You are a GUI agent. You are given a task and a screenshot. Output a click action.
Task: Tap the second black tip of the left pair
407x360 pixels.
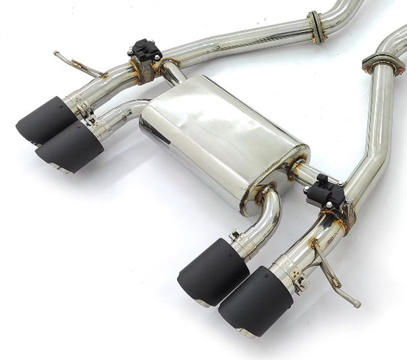click(69, 147)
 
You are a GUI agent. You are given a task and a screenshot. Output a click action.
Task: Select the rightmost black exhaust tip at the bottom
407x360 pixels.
click(254, 300)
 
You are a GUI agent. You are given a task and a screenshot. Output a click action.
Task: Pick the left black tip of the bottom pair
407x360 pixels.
click(212, 271)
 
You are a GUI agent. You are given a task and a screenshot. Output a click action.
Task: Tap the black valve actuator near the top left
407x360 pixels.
click(145, 52)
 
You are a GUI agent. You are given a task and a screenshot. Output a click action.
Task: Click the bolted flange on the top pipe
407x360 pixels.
click(315, 27)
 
